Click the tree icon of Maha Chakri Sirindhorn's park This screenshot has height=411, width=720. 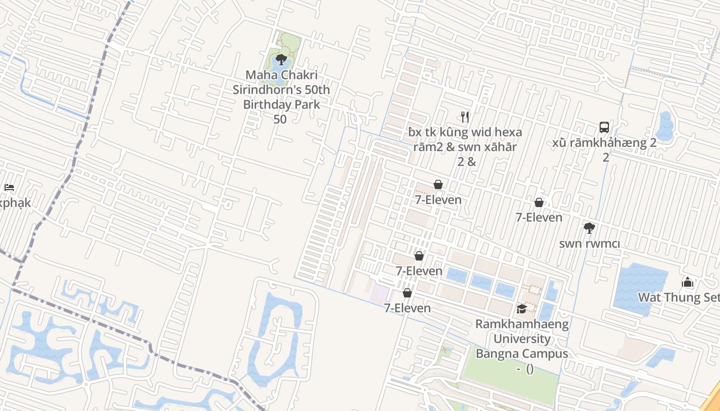pos(281,59)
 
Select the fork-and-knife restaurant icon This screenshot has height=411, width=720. pos(465,117)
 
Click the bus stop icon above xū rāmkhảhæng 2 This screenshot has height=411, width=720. pos(604,127)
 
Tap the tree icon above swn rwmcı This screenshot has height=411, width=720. pos(589,228)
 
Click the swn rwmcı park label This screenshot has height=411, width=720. pos(589,244)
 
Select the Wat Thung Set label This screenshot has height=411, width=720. pos(678,297)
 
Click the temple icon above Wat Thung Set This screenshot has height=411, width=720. pos(688,283)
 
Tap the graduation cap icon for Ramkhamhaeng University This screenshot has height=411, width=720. pos(521,309)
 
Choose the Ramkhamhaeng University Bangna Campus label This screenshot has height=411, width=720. pos(521,339)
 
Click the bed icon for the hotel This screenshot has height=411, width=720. pos(9,188)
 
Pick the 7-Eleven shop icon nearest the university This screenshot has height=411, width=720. pos(407,293)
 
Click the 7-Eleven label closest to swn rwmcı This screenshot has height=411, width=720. pos(539,218)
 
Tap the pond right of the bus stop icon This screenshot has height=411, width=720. pos(665,126)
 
